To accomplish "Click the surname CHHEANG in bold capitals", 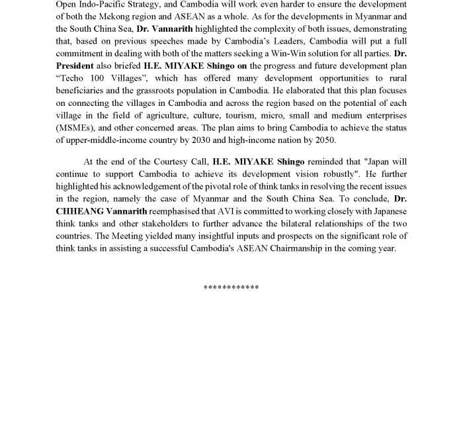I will pos(80,212).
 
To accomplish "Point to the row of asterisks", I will pos(231,287).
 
